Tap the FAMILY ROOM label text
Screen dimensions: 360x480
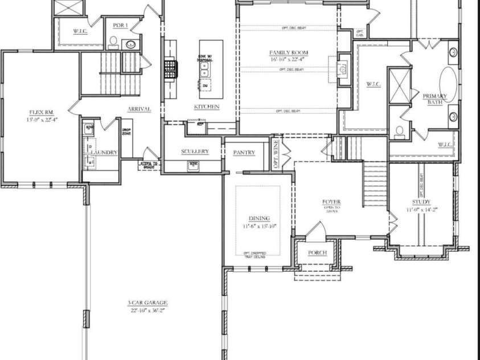point(289,53)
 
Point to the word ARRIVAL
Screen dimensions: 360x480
point(139,109)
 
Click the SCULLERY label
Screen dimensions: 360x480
point(195,152)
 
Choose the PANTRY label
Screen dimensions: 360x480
point(244,153)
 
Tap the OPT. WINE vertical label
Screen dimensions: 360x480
point(276,153)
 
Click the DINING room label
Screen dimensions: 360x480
point(259,218)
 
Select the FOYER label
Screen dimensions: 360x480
point(331,202)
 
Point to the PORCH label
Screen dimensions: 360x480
point(317,252)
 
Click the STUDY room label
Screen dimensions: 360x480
point(421,202)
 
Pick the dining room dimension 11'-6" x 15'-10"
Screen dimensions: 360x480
point(259,226)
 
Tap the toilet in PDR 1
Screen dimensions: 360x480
point(114,42)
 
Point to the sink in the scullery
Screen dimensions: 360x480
point(194,165)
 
